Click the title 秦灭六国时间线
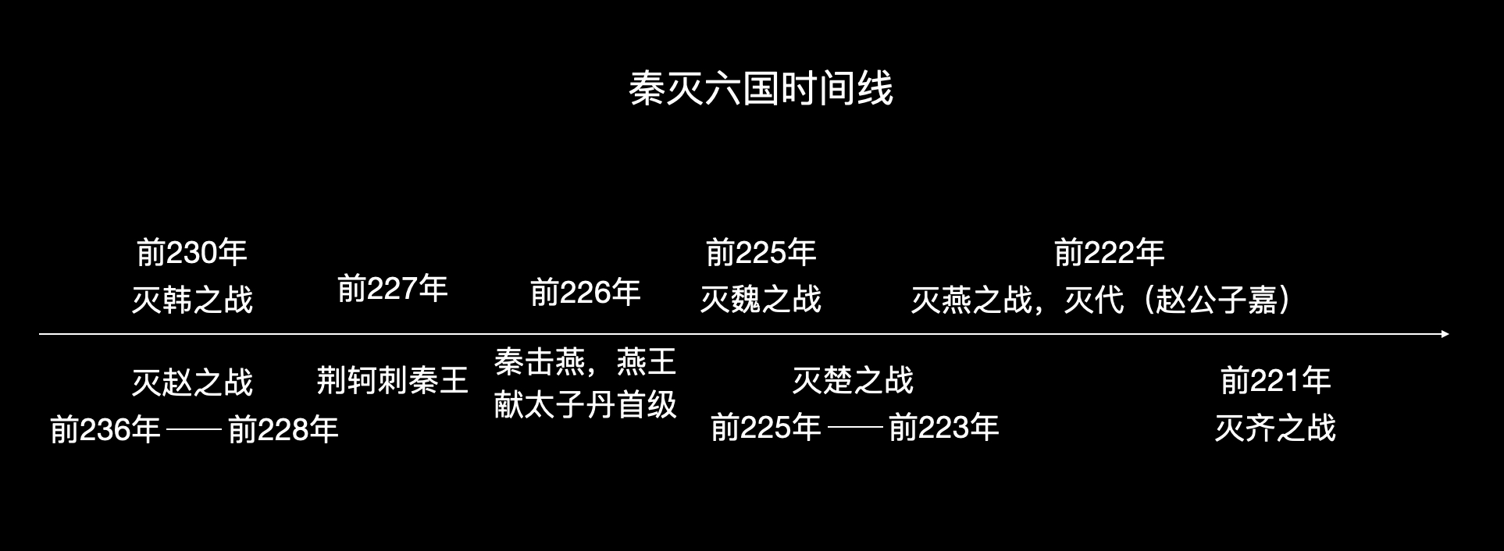761,88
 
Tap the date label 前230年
191,252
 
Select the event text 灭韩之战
191,300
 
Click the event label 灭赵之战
191,382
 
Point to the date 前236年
105,429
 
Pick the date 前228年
283,429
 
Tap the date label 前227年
392,288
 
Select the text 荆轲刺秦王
392,381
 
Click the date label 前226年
585,293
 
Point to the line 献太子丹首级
585,405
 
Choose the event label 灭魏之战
761,300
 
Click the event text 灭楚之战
853,381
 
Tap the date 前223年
943,428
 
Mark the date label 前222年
1109,252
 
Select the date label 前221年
1275,381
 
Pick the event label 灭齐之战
1275,428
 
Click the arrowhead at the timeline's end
1445,334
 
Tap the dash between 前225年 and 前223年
855,428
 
